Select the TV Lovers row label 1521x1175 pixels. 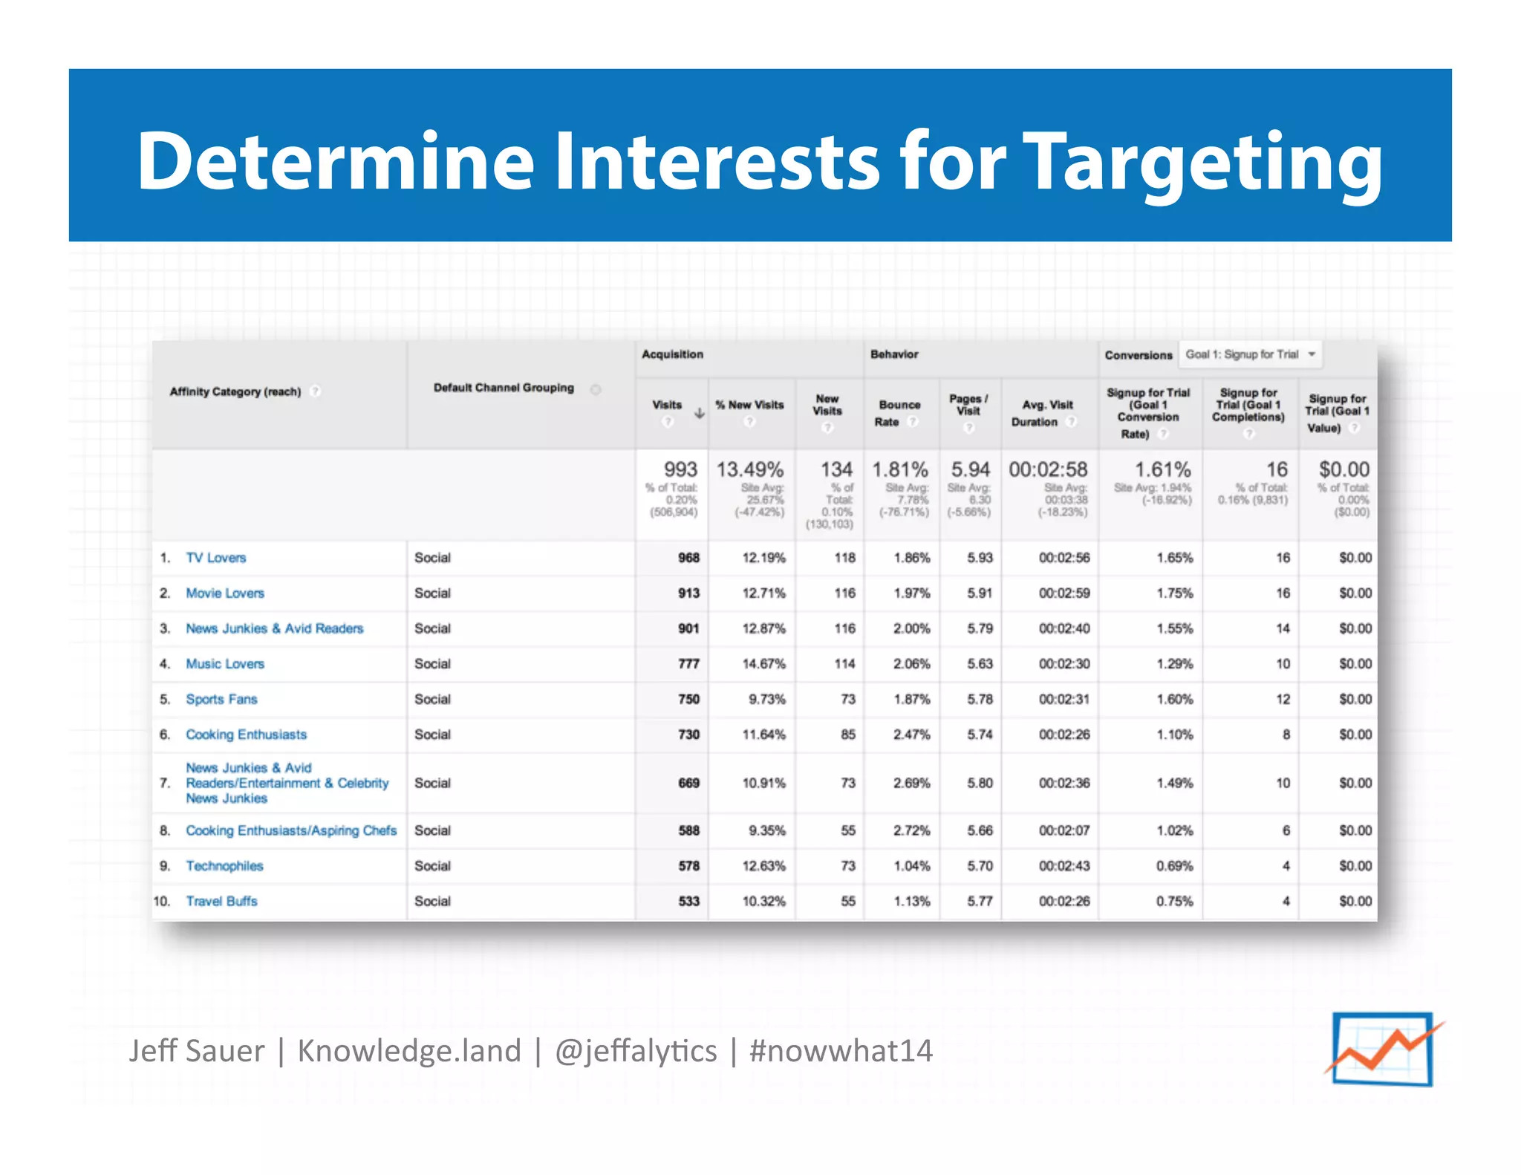[215, 558]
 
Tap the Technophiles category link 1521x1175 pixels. [224, 866]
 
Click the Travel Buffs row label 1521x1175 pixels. [221, 901]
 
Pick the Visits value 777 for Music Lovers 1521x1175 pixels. [688, 664]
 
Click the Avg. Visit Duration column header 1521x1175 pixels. [1047, 413]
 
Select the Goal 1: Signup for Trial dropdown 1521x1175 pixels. [1250, 354]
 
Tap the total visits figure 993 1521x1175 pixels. [680, 469]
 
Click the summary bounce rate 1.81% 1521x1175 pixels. [900, 469]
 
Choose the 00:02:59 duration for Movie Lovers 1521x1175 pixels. [1064, 593]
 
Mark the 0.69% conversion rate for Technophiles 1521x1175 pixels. [1174, 866]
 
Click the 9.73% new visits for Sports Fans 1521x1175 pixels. [766, 700]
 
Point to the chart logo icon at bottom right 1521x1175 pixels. [1383, 1049]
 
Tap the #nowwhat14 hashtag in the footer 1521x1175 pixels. [841, 1051]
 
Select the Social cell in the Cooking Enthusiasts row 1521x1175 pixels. [432, 735]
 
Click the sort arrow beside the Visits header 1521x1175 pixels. [699, 414]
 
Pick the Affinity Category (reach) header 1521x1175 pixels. [235, 391]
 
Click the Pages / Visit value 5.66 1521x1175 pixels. [980, 830]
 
